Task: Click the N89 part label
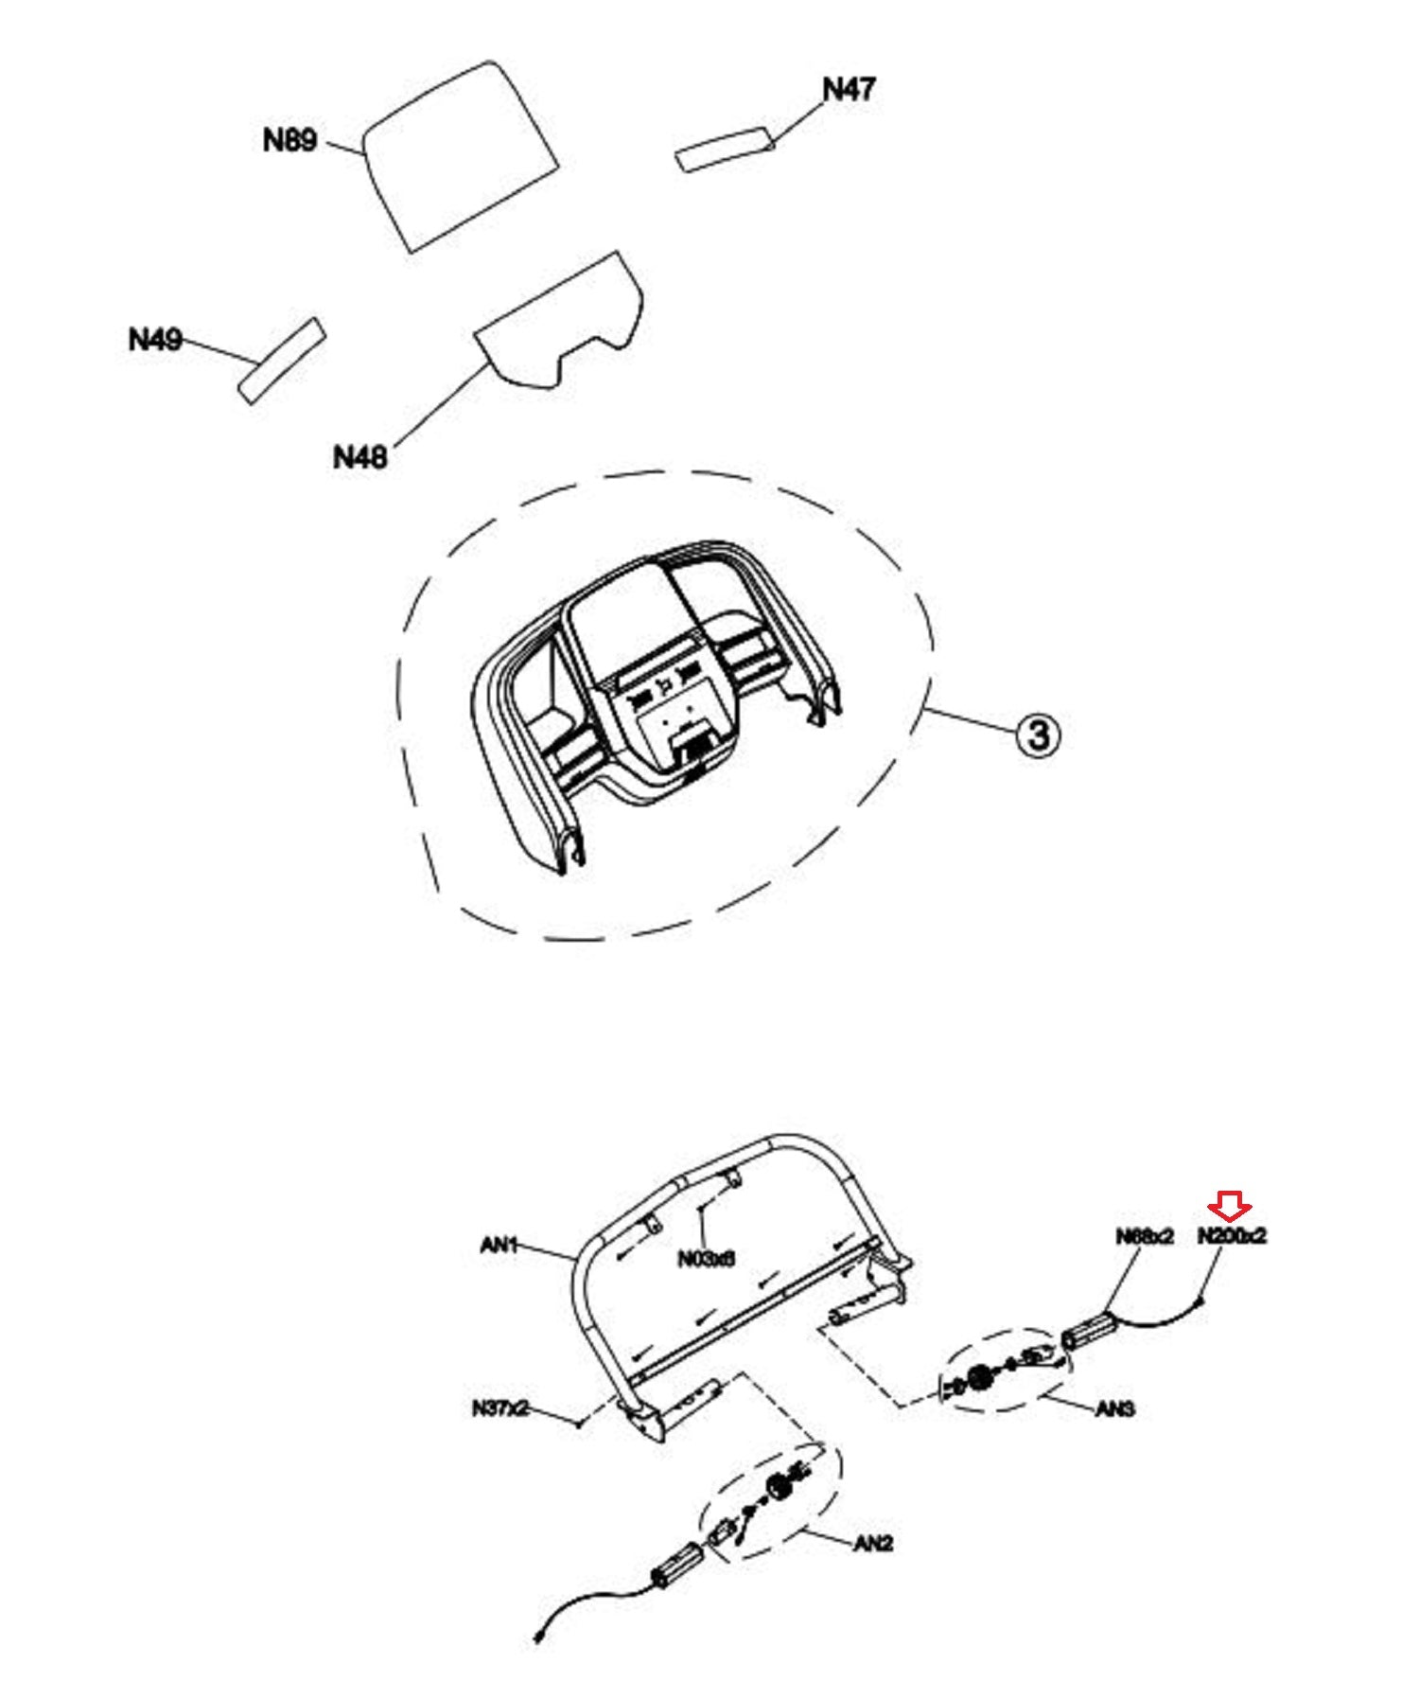tap(289, 141)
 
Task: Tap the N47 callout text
tap(849, 90)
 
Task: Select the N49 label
tap(155, 340)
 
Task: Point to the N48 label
tap(360, 458)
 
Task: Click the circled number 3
tap(1038, 734)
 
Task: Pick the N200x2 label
tap(1232, 1236)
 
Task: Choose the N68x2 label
tap(1144, 1237)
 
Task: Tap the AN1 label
tap(499, 1246)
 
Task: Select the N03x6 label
tap(706, 1259)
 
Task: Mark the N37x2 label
tap(499, 1408)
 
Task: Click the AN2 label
tap(873, 1544)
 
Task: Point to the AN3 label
tap(1114, 1409)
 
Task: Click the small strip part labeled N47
tap(726, 149)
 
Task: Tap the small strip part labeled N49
tap(282, 361)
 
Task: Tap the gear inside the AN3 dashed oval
tap(979, 1378)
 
